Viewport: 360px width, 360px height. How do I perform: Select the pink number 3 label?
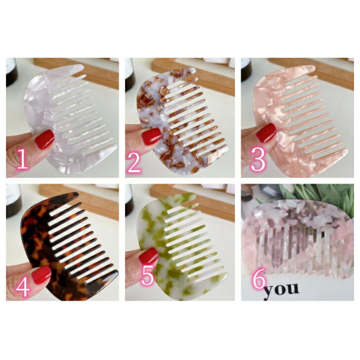(258, 159)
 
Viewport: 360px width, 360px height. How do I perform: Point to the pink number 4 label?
(23, 286)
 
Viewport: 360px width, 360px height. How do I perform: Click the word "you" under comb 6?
(281, 290)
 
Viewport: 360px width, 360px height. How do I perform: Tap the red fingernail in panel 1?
(45, 139)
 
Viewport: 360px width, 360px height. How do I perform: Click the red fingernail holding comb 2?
(151, 136)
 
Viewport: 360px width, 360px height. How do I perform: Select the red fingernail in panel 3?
(267, 133)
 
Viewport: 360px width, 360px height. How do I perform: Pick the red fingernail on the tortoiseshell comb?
(42, 274)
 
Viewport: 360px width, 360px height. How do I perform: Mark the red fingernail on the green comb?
(148, 255)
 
